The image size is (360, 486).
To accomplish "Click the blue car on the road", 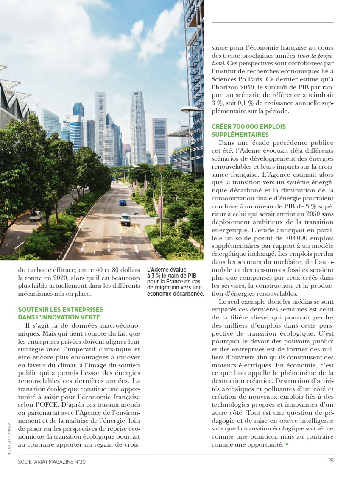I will (x=123, y=203).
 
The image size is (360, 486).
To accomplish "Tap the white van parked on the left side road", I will (x=36, y=216).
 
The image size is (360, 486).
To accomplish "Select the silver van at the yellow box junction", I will (x=126, y=219).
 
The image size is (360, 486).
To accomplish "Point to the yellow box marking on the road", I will (x=129, y=229).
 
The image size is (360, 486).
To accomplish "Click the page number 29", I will (x=330, y=461).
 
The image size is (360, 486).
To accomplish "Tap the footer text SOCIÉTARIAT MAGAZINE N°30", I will (x=52, y=461).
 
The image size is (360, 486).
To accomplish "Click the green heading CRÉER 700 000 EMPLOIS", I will (x=248, y=127).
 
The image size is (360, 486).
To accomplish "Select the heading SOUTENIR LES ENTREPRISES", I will (x=60, y=310).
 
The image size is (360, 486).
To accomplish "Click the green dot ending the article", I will (x=287, y=444).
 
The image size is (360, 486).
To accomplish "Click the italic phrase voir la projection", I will (x=313, y=56).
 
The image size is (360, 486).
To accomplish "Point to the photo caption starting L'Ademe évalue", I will (x=175, y=282).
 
